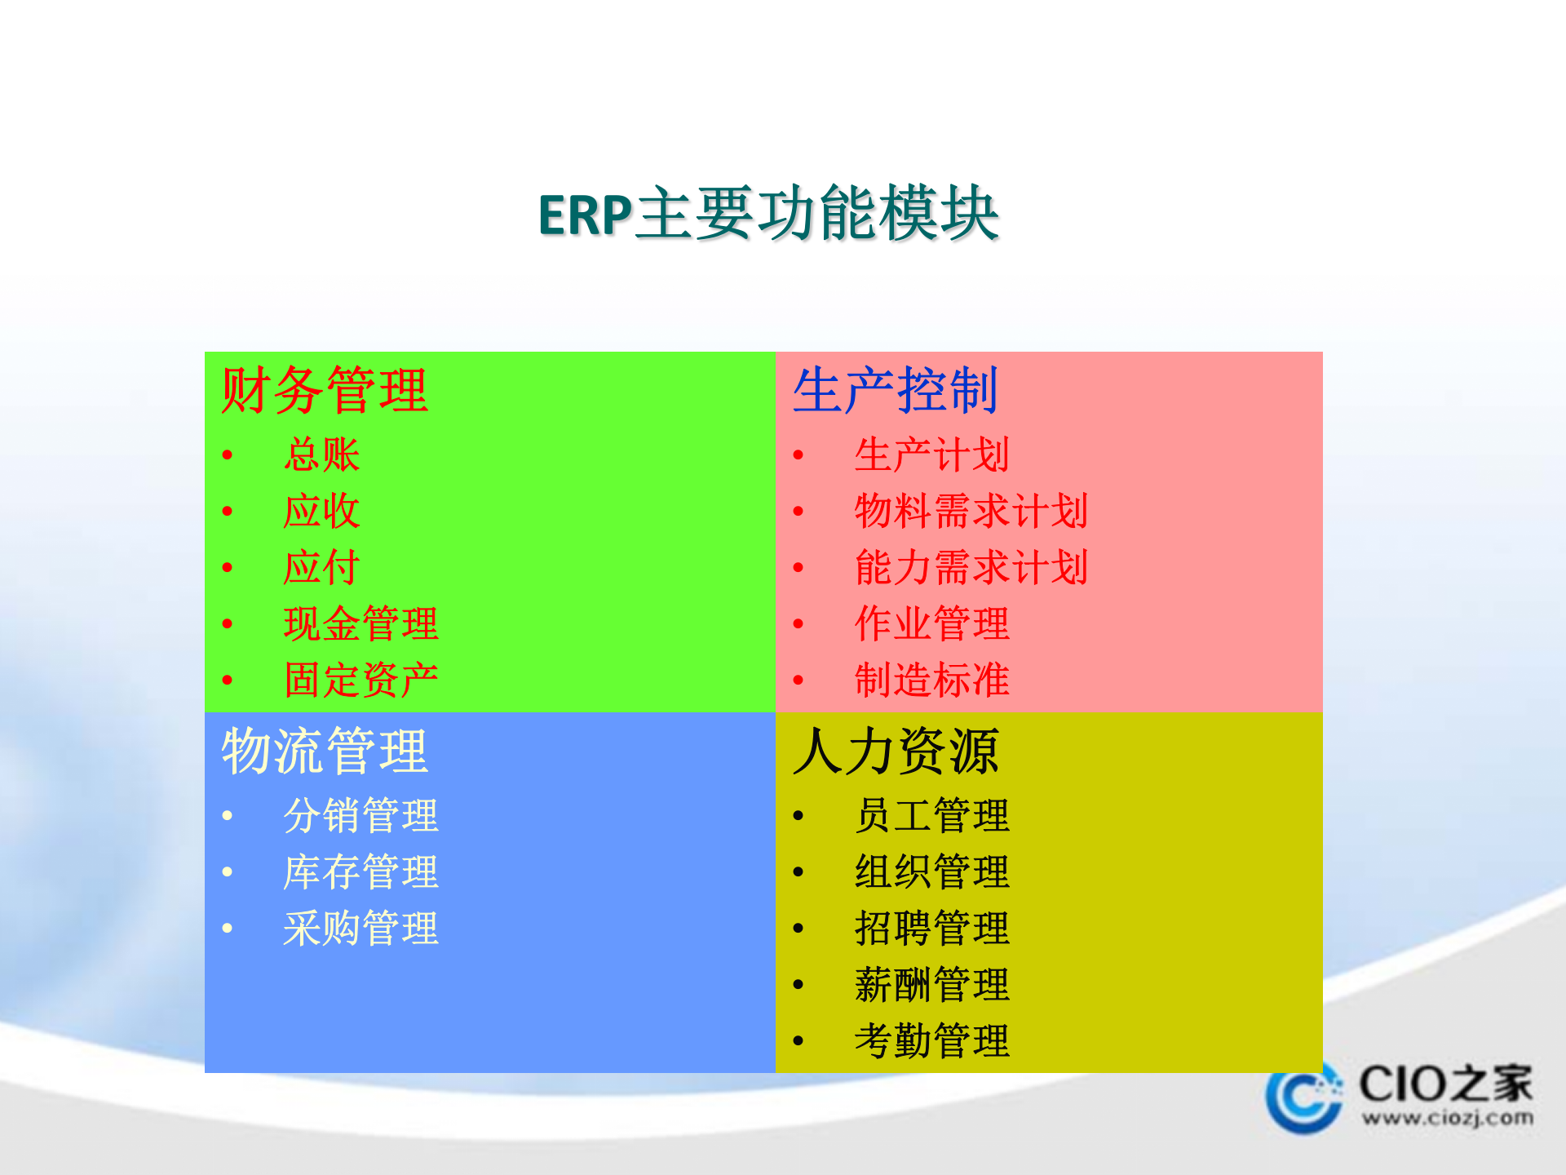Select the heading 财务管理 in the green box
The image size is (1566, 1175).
[324, 390]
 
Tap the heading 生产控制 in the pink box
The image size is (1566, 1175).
[895, 390]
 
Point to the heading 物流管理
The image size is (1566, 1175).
[324, 751]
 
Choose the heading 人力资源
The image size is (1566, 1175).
[895, 751]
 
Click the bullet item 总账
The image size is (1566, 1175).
[321, 454]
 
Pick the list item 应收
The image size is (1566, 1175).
[321, 511]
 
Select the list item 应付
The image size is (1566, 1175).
[321, 567]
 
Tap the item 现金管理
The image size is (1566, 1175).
[361, 623]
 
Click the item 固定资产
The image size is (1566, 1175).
[361, 680]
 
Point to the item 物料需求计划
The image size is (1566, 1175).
[971, 511]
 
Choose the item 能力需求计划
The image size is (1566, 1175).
[971, 567]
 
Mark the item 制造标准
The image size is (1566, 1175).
[931, 680]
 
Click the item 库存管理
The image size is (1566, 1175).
[361, 871]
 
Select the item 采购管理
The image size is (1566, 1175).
[361, 928]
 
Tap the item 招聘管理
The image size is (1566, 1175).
[931, 928]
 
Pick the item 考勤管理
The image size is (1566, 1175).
[931, 1040]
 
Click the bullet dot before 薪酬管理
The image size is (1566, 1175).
[798, 985]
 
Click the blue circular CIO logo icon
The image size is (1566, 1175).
[1303, 1097]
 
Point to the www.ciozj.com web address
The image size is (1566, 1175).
[1447, 1117]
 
